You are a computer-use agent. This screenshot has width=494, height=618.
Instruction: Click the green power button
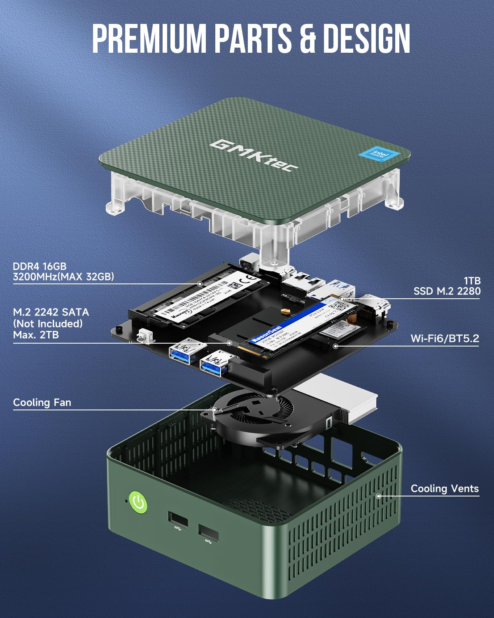click(x=138, y=502)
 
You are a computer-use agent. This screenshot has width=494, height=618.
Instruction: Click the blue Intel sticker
click(x=379, y=155)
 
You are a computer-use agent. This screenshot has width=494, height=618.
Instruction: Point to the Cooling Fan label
click(x=42, y=403)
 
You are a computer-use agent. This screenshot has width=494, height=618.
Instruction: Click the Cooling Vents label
click(x=445, y=489)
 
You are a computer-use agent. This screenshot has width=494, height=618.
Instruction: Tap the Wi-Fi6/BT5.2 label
click(x=445, y=339)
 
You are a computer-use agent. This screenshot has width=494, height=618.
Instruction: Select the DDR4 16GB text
click(x=40, y=266)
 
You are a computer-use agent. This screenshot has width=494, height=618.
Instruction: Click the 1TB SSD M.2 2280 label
click(x=447, y=286)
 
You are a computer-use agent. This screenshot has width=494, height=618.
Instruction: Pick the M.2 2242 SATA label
click(x=51, y=312)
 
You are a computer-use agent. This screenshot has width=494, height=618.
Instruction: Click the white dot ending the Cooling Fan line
click(x=214, y=410)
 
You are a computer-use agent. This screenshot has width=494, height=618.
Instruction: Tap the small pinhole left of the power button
click(x=126, y=501)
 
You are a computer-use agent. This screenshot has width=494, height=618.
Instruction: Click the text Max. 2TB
click(x=36, y=335)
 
